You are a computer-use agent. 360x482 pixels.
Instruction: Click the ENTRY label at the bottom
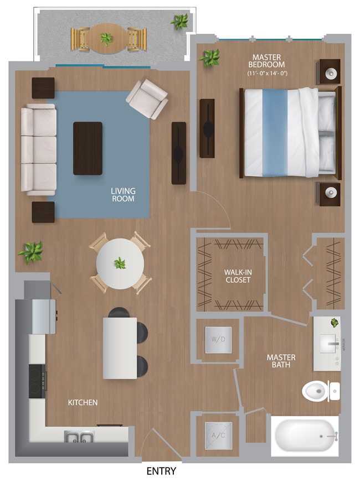(161, 471)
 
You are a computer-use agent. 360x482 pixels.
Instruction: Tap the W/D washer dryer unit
(218, 339)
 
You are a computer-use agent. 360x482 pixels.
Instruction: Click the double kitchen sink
(78, 437)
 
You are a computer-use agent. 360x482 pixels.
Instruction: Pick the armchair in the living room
(147, 99)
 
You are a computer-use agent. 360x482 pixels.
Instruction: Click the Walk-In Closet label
(237, 276)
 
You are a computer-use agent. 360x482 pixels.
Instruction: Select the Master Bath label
(281, 361)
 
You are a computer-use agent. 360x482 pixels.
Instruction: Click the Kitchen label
(83, 402)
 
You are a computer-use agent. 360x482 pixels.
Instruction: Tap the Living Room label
(123, 195)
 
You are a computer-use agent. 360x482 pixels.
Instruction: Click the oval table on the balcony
(105, 38)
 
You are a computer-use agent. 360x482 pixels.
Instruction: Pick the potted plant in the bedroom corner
(210, 58)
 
